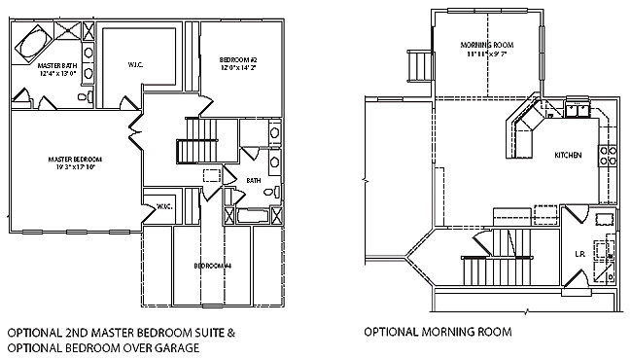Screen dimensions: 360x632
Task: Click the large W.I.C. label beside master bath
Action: coord(135,66)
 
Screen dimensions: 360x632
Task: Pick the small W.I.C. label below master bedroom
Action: coord(156,204)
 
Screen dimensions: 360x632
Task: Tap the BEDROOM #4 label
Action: coord(212,266)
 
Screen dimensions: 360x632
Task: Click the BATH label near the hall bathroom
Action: coord(253,180)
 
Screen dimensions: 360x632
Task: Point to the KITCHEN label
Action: coord(568,156)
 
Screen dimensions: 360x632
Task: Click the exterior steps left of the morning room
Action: coord(420,66)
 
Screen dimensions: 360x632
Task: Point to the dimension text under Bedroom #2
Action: coord(238,70)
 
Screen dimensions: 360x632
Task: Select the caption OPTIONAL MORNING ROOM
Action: coord(438,332)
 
